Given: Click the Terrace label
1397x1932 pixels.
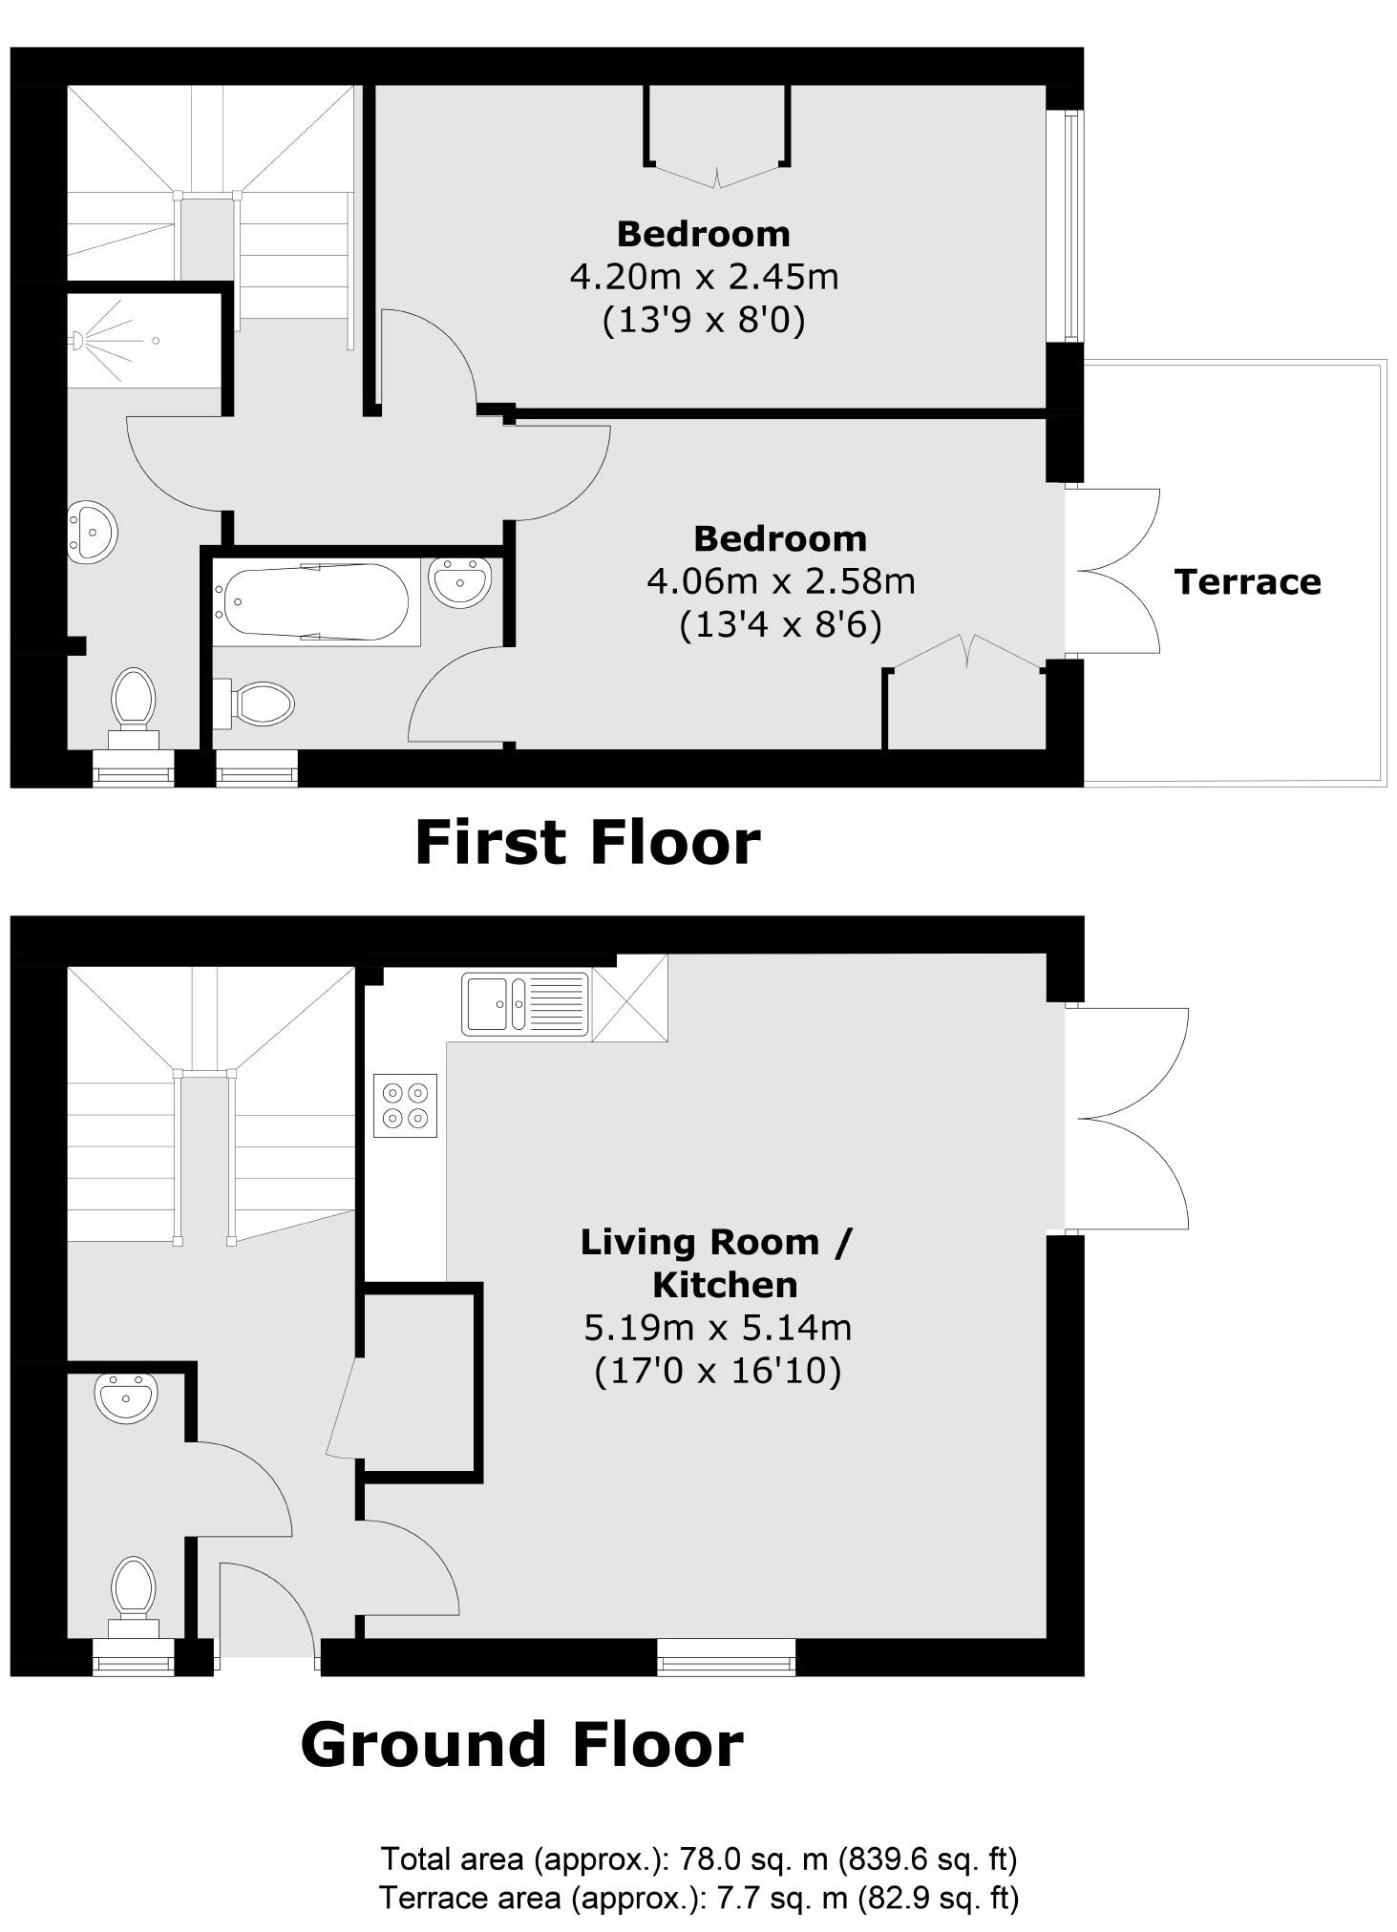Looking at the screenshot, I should pos(1247,581).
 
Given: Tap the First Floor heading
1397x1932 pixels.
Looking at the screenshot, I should pos(587,843).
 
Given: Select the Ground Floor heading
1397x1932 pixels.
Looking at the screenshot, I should pos(521,1744).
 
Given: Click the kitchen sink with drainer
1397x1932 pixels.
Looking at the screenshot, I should pos(524,1003).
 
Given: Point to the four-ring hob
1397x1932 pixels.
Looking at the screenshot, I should pos(405,1105).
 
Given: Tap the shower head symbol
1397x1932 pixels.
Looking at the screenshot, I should pos(80,340).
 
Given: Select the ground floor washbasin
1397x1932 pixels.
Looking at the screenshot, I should pos(125,1399).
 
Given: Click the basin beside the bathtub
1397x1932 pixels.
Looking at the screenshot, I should pos(459,581).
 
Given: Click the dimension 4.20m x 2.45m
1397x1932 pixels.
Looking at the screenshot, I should pos(704,277).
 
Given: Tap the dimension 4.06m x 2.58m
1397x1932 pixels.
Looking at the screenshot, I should pos(780,580).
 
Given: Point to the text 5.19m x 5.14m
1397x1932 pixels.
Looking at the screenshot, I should pos(717,1327).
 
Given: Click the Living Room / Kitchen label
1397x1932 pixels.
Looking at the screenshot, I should pos(717,1263).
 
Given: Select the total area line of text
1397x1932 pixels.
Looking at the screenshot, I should pos(699,1859).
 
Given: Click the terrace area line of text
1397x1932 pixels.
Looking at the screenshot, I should pos(699,1898).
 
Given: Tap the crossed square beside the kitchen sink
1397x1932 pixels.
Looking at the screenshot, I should pos(629,997).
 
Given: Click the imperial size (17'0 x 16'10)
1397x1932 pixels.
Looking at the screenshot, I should pos(717,1371).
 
